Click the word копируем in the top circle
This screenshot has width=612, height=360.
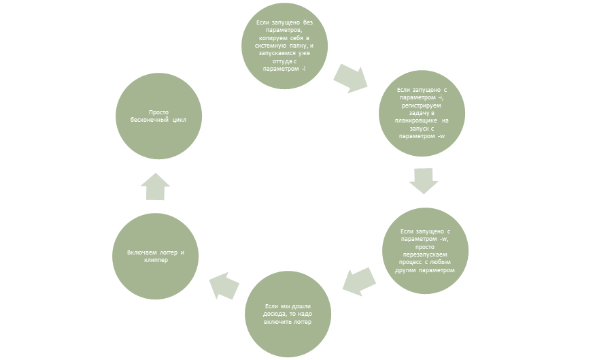pos(273,38)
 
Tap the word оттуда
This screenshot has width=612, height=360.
pos(282,61)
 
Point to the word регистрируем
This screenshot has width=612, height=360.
pos(422,105)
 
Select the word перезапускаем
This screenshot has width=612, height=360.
pos(425,255)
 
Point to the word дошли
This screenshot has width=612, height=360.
pos(301,306)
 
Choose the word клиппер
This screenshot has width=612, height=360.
pos(156,260)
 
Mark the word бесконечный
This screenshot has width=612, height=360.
pos(150,120)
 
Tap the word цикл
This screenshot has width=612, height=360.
pos(180,120)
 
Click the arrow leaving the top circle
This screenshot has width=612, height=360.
pos(350,78)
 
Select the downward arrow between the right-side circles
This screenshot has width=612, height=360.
pos(424,181)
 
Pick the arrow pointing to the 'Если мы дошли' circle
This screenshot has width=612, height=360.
pos(359,281)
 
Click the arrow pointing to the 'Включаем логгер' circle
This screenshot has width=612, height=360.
pos(224,285)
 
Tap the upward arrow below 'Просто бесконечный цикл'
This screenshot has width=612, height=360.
pos(155,186)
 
